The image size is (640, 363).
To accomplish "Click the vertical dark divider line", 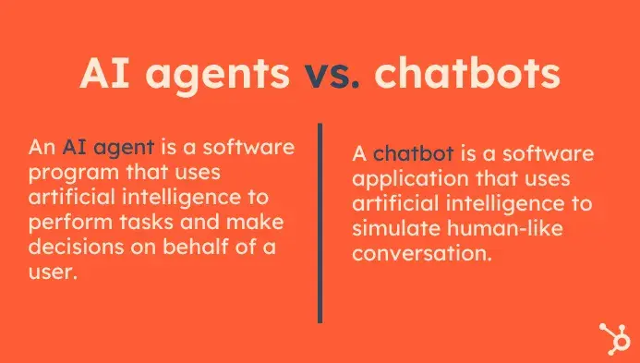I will pos(320,222).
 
